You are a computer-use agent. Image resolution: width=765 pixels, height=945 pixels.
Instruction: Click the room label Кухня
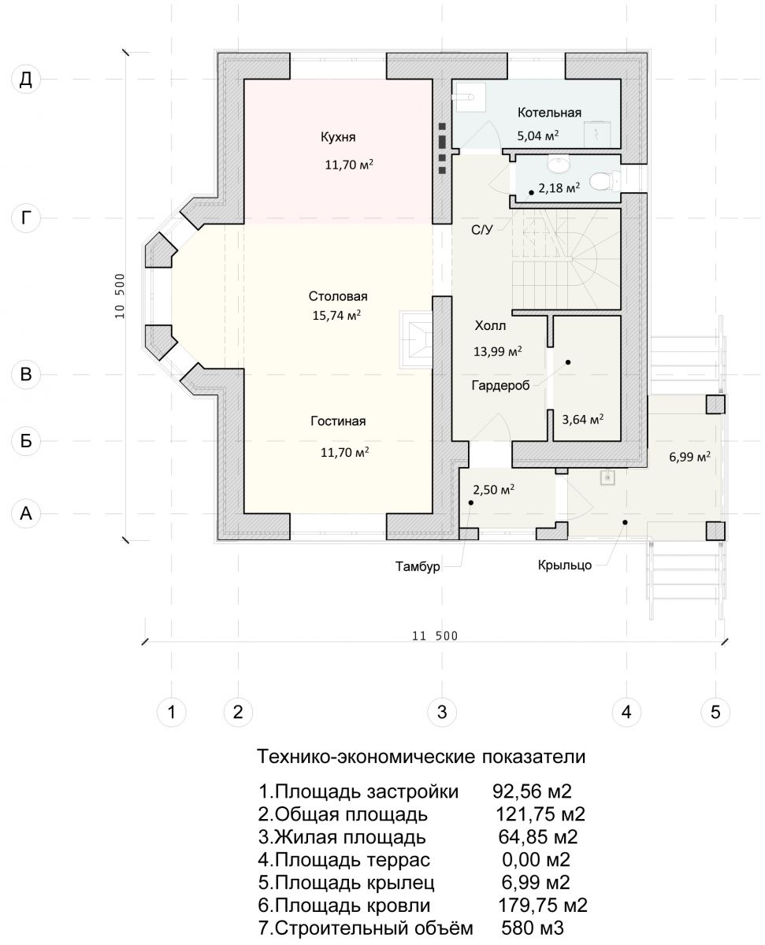pyautogui.click(x=338, y=137)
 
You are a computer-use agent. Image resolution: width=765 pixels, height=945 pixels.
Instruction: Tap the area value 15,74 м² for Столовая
pyautogui.click(x=336, y=315)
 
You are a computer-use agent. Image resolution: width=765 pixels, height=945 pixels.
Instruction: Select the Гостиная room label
pyautogui.click(x=338, y=421)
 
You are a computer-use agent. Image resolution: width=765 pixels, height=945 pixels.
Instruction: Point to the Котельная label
pyautogui.click(x=549, y=113)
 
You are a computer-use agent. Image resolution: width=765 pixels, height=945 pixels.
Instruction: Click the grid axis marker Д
pyautogui.click(x=26, y=80)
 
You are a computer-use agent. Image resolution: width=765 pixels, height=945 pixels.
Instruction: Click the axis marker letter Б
pyautogui.click(x=26, y=440)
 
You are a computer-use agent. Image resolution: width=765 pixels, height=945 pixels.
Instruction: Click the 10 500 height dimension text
pyautogui.click(x=121, y=295)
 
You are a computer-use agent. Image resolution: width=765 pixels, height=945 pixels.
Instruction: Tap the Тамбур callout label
pyautogui.click(x=418, y=566)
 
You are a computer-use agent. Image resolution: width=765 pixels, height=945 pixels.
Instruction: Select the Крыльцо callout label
pyautogui.click(x=564, y=565)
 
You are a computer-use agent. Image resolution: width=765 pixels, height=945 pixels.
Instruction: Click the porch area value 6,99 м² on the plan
pyautogui.click(x=689, y=457)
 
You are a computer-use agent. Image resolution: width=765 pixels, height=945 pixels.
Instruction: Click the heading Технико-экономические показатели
pyautogui.click(x=421, y=757)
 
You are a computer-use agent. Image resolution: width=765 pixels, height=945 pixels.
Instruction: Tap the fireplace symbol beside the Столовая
pyautogui.click(x=416, y=340)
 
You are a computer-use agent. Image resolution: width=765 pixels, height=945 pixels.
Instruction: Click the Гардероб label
pyautogui.click(x=500, y=385)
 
